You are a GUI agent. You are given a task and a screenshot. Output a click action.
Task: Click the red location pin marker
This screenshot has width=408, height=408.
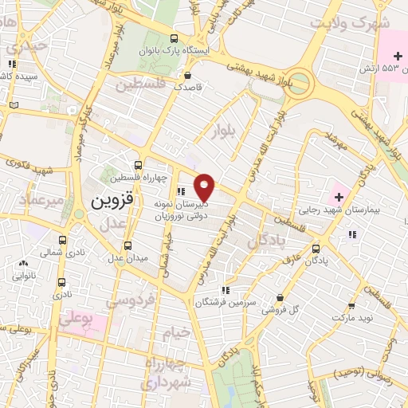206,187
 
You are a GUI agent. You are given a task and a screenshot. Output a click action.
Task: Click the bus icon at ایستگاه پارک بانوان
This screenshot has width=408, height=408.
174,38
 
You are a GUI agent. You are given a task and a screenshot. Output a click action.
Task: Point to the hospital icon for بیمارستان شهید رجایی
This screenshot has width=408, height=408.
336,196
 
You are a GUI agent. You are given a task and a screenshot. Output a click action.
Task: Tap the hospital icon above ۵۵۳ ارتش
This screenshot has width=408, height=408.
398,55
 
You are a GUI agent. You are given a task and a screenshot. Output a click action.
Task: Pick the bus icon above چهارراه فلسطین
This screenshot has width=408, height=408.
139,164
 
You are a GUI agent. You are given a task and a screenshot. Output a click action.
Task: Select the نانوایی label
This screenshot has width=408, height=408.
23,277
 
